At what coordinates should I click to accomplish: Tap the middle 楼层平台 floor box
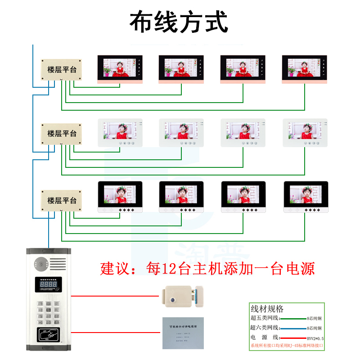pos(62,133)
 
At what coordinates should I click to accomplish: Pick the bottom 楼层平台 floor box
pos(62,200)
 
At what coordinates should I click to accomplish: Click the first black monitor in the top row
pos(120,69)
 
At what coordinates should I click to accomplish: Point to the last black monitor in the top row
pos(304,69)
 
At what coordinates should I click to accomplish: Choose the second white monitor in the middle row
pos(181,133)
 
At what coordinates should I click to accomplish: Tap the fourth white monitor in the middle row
pos(305,133)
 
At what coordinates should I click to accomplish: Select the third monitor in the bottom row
pos(243,197)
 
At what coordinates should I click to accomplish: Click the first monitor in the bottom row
pos(120,197)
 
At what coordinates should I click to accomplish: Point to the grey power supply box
pos(182,333)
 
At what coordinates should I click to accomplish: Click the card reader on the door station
pos(48,335)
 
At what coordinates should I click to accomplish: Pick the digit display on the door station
pos(48,285)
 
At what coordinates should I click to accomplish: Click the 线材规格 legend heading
pos(267,309)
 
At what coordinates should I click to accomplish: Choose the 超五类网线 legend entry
pos(265,319)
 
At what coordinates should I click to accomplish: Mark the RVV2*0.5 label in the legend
pos(315,338)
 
